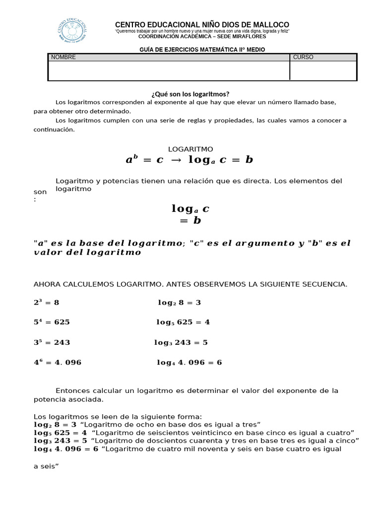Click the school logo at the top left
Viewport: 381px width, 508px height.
pyautogui.click(x=72, y=30)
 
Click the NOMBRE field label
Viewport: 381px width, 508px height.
pyautogui.click(x=63, y=57)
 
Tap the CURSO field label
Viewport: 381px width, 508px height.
pyautogui.click(x=303, y=57)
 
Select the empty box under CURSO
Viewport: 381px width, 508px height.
pyautogui.click(x=323, y=70)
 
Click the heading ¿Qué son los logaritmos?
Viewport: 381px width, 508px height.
pyautogui.click(x=190, y=94)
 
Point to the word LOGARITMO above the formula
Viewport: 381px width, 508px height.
pyautogui.click(x=190, y=149)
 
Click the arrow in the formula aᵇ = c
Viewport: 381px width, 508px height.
pyautogui.click(x=176, y=160)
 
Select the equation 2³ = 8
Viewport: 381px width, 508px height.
pyautogui.click(x=46, y=302)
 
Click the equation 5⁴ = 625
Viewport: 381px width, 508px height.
pyautogui.click(x=52, y=322)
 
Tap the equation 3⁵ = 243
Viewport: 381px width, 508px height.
pyautogui.click(x=52, y=342)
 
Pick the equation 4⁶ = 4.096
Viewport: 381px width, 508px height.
pyautogui.click(x=58, y=363)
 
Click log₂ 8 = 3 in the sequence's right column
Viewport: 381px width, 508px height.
pyautogui.click(x=179, y=302)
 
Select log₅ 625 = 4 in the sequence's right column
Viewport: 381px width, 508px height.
pyautogui.click(x=183, y=322)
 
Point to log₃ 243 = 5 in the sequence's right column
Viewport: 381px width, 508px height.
pyautogui.click(x=181, y=342)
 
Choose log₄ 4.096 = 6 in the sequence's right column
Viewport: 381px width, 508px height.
pyautogui.click(x=189, y=363)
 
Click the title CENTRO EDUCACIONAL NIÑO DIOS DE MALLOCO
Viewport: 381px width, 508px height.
pyautogui.click(x=202, y=25)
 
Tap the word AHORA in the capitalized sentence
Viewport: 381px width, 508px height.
pyautogui.click(x=46, y=284)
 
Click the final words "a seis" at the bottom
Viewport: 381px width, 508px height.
pyautogui.click(x=46, y=466)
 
